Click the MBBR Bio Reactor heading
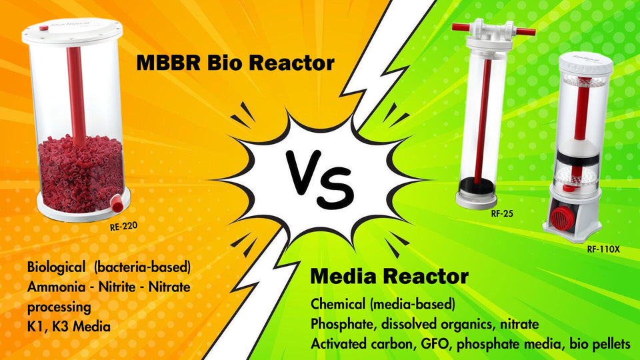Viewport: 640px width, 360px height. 235,64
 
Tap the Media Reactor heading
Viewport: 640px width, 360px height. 389,276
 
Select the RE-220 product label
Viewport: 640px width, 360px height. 124,226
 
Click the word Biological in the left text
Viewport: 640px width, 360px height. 57,267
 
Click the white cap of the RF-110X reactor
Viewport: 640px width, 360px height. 585,63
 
